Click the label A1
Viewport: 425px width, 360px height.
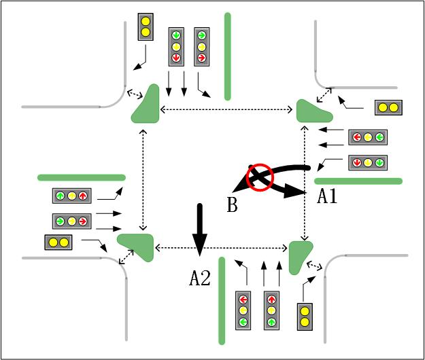click(328, 197)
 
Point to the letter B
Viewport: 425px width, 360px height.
click(232, 204)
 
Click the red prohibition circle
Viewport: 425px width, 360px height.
click(259, 177)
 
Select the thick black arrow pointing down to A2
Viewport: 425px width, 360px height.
click(199, 228)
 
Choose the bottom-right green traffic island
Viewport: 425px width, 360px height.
click(299, 255)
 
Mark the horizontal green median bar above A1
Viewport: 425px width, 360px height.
click(358, 181)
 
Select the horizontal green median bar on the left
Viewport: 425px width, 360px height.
click(82, 177)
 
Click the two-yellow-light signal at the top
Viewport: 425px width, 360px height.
click(146, 26)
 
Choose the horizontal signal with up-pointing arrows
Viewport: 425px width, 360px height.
click(71, 196)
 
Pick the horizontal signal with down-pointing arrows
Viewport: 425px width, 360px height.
click(368, 162)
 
